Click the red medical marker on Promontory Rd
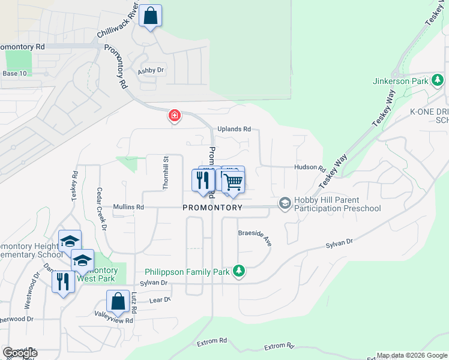coord(174,115)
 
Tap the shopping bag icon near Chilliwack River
coord(151,16)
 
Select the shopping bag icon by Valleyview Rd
coord(118,302)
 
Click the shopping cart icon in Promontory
coord(233,182)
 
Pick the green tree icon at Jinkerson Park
coord(438,80)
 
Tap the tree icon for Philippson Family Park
coord(239,272)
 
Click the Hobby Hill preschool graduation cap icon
coord(284,204)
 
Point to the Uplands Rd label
coord(234,129)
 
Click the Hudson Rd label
coord(309,169)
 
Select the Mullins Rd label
coord(128,207)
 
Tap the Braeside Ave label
coord(255,237)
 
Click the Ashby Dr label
coord(151,71)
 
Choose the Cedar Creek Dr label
coord(101,208)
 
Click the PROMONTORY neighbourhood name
coord(212,208)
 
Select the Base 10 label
coord(15,74)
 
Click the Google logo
coord(19,353)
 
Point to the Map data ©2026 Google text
coord(412,355)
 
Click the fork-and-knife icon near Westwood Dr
coord(63,281)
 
